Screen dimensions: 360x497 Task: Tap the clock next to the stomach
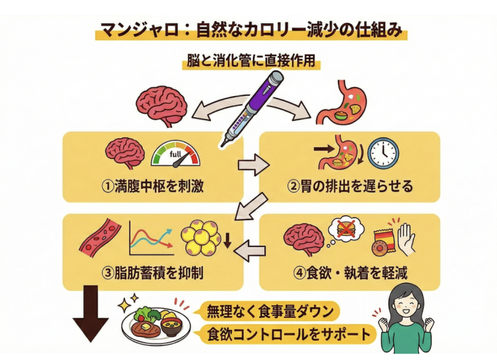tap(383, 153)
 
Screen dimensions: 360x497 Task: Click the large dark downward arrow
tap(91, 314)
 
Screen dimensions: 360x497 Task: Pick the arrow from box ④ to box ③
tap(250, 251)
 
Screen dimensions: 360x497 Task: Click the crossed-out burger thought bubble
tap(346, 229)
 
